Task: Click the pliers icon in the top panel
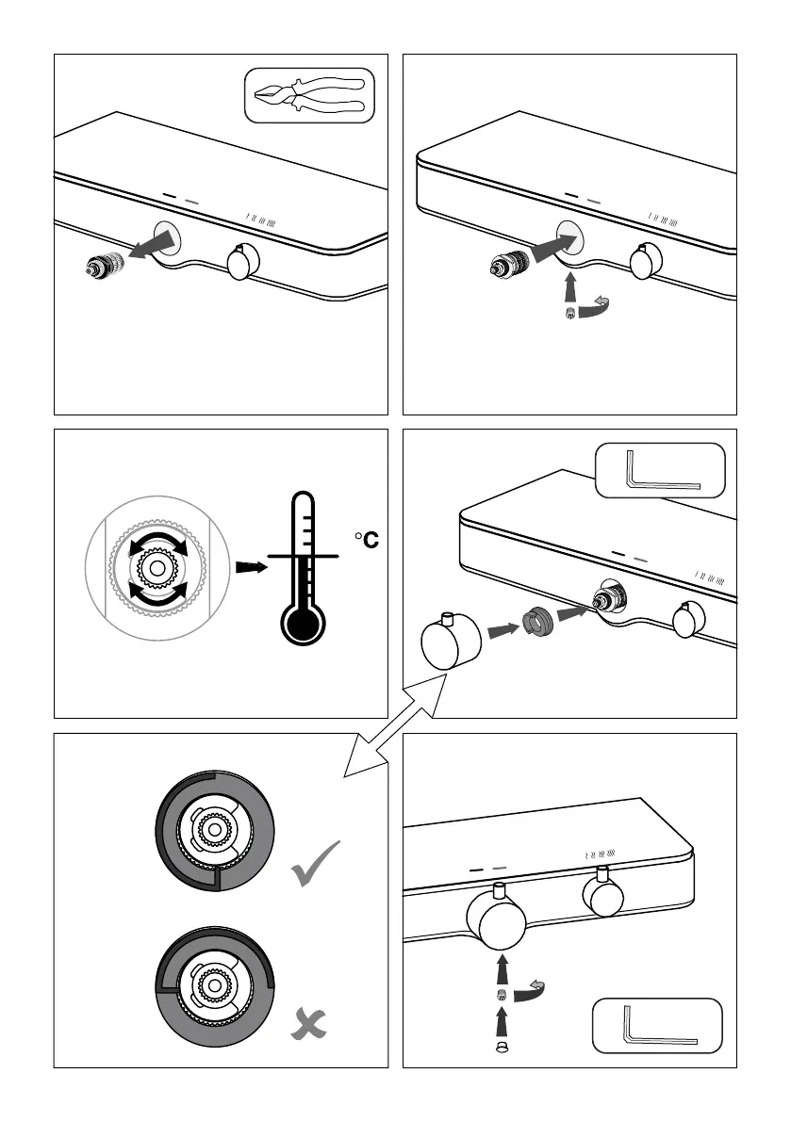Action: click(x=309, y=96)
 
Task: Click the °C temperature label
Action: click(x=366, y=541)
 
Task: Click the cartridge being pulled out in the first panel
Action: click(x=103, y=267)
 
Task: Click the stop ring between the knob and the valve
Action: click(x=537, y=623)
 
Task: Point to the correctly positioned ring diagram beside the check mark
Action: click(x=216, y=829)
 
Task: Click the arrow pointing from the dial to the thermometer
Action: click(x=250, y=568)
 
